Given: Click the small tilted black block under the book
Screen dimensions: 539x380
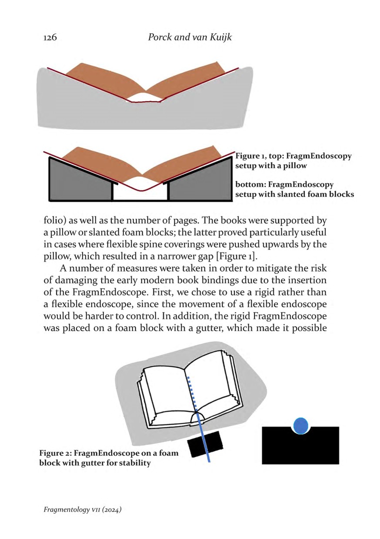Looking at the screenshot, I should pos(205,444).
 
